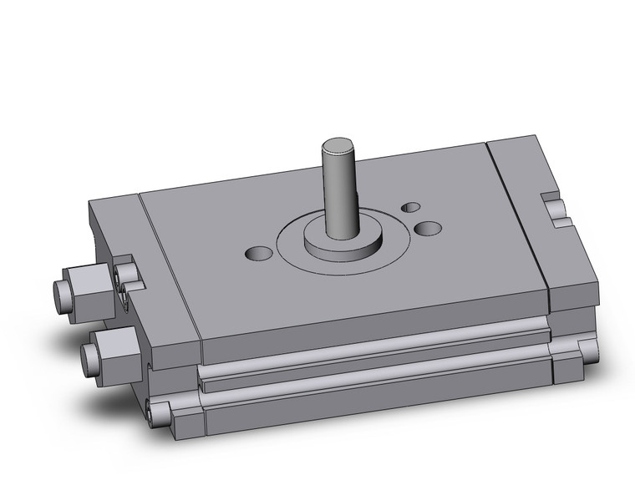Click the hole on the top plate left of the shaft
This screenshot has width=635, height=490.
[259, 252]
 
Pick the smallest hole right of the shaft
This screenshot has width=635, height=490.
[410, 206]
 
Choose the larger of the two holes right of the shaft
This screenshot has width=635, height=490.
[428, 227]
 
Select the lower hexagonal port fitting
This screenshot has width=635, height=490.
[113, 344]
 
